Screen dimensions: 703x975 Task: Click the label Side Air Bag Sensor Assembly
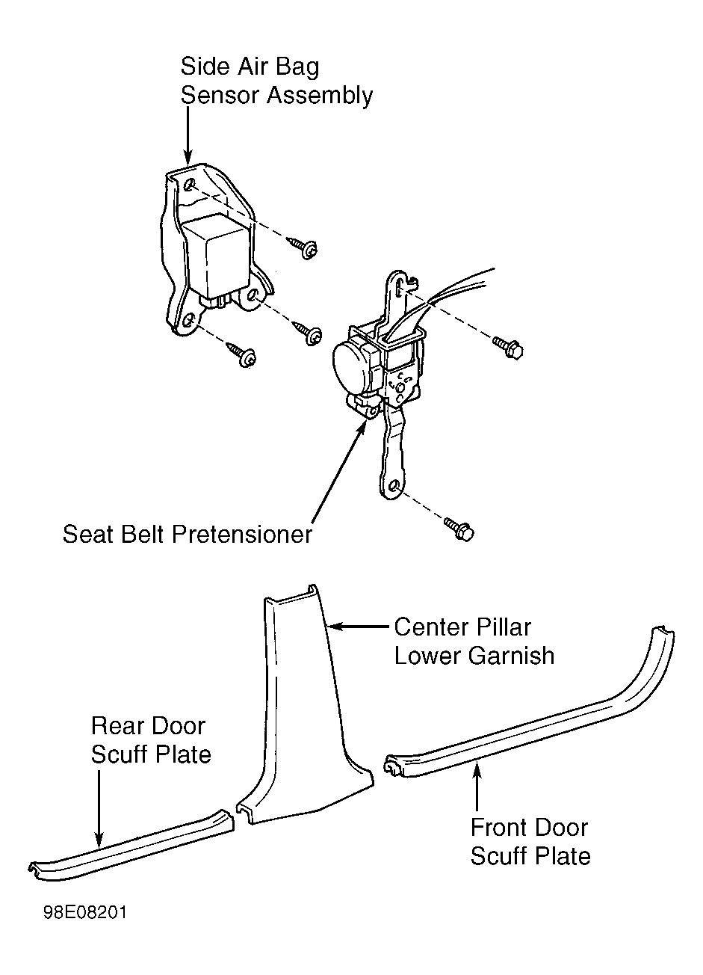tap(276, 81)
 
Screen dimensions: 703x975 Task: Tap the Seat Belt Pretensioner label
tap(188, 534)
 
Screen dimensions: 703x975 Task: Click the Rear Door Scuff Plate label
tap(151, 740)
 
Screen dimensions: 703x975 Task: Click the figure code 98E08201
tap(85, 912)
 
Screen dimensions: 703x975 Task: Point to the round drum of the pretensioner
tap(350, 365)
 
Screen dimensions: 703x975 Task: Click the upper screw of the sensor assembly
tap(303, 247)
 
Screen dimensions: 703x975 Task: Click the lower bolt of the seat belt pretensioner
tap(459, 529)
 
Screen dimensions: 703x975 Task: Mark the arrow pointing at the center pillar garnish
tap(359, 627)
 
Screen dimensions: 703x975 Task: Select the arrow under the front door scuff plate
tap(477, 787)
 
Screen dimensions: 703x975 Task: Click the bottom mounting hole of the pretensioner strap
tap(394, 486)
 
